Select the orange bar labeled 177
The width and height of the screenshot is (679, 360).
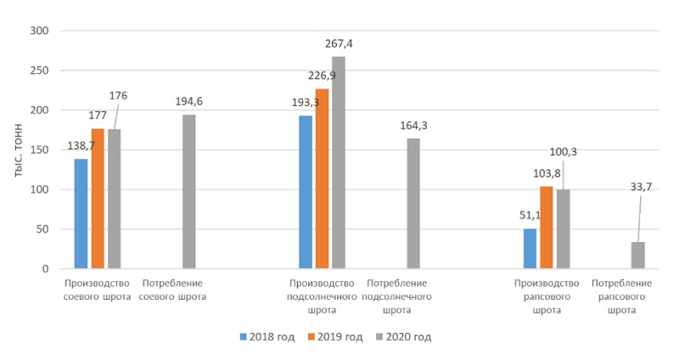coord(98,199)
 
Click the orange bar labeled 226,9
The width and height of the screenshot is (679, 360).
coord(322,179)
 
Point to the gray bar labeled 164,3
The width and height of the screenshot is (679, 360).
coord(413,204)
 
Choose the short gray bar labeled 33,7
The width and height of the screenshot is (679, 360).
coord(637,256)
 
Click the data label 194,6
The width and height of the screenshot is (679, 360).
coord(188,102)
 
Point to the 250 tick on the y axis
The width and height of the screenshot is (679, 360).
coord(40,70)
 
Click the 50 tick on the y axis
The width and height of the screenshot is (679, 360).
coord(43,229)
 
